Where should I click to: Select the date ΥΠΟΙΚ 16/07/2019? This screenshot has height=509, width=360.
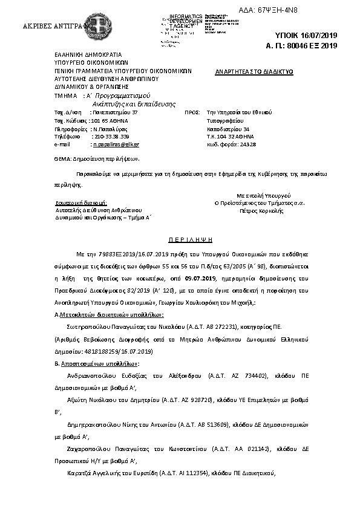coord(313,36)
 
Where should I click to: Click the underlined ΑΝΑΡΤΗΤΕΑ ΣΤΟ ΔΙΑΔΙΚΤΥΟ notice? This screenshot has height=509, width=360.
coord(254,71)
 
